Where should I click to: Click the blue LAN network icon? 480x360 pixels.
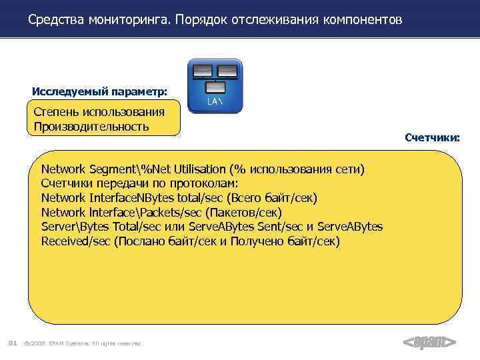click(x=215, y=85)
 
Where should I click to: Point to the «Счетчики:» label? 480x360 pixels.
click(x=432, y=138)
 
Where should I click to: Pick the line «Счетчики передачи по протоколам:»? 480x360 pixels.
click(x=139, y=183)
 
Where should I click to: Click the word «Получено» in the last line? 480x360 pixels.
click(x=257, y=241)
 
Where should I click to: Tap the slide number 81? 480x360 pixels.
click(x=12, y=343)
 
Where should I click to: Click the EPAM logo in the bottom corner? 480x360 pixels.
click(x=429, y=343)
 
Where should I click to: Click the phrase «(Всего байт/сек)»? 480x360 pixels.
click(x=272, y=198)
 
